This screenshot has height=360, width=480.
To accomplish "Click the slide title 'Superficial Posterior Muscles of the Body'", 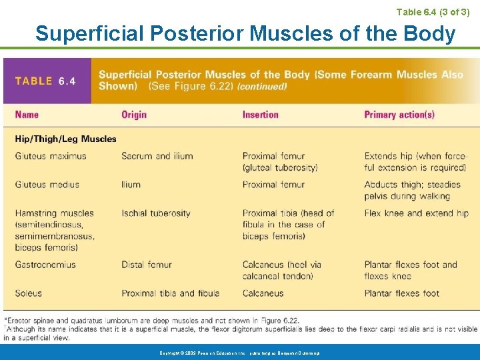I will pyautogui.click(x=245, y=33).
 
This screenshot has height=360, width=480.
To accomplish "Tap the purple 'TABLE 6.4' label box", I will pyautogui.click(x=46, y=81).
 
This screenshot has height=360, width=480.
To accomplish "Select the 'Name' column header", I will pyautogui.click(x=27, y=115).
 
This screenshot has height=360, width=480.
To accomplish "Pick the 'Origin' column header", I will pyautogui.click(x=134, y=115).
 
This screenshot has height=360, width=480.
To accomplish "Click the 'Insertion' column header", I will pyautogui.click(x=261, y=115).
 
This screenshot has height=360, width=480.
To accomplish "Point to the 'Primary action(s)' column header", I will pyautogui.click(x=399, y=115).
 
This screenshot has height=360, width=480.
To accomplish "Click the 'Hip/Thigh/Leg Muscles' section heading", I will pyautogui.click(x=65, y=139).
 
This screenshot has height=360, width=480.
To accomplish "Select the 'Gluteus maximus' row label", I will pyautogui.click(x=51, y=156).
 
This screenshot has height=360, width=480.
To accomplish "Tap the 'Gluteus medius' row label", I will pyautogui.click(x=47, y=185).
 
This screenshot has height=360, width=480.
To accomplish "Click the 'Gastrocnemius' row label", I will pyautogui.click(x=45, y=265).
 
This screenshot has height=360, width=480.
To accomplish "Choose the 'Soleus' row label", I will pyautogui.click(x=28, y=293).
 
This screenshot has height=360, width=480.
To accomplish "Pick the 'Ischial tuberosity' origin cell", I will pyautogui.click(x=156, y=213).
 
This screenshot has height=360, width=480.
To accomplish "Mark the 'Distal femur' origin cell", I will pyautogui.click(x=147, y=265).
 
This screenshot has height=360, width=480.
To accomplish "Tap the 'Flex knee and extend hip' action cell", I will pyautogui.click(x=416, y=213).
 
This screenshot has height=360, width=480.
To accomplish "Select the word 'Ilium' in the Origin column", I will pyautogui.click(x=131, y=185).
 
